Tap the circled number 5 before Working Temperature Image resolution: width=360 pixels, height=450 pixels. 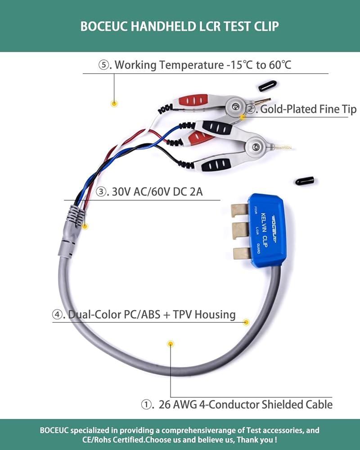(103, 65)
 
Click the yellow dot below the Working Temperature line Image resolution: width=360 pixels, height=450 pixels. (114, 103)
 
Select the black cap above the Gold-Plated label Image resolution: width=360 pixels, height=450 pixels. (267, 86)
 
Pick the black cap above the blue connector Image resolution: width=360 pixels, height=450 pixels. (305, 181)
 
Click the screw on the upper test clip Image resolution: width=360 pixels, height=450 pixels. (235, 107)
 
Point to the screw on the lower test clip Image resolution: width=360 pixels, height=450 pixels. (256, 147)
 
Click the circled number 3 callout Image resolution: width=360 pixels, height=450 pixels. (101, 191)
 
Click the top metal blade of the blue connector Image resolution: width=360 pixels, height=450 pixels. (239, 210)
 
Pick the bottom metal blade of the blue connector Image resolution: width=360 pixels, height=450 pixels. (242, 253)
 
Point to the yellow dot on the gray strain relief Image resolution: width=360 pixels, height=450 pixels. (85, 226)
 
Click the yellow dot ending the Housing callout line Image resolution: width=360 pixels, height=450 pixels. (246, 322)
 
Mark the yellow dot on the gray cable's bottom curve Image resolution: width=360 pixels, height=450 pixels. (171, 344)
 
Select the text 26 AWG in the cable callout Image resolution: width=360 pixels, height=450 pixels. (178, 405)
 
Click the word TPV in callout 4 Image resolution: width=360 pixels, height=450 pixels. (182, 315)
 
